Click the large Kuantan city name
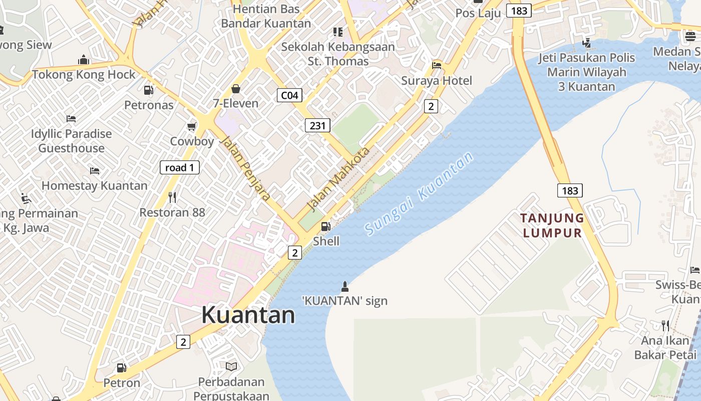pos(248,315)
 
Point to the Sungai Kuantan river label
pos(419,193)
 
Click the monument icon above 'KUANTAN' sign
pos(344,286)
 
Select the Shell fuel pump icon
pos(325,227)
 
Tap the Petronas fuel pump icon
pos(148,90)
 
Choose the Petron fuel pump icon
pos(121,368)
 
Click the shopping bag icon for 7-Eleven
pos(235,89)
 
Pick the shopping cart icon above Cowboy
pos(191,126)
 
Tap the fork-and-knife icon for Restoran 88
pos(172,197)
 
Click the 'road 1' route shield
pos(179,167)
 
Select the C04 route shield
pos(289,95)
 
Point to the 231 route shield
pos(317,125)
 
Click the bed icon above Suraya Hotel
pos(437,65)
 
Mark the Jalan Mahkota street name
pos(338,178)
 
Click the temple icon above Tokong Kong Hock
pos(84,60)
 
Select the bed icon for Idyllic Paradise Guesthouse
pos(71,119)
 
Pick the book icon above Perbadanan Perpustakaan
pos(231,367)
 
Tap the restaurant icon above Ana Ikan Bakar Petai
pos(665,326)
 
